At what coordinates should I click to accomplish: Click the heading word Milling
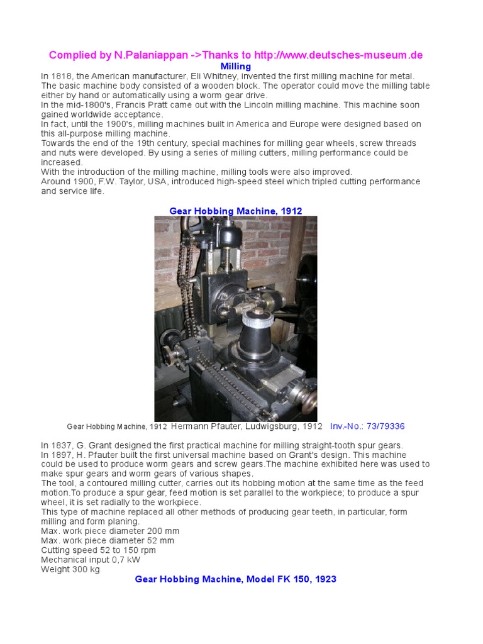point(236,66)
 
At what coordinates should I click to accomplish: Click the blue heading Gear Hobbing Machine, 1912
point(236,211)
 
